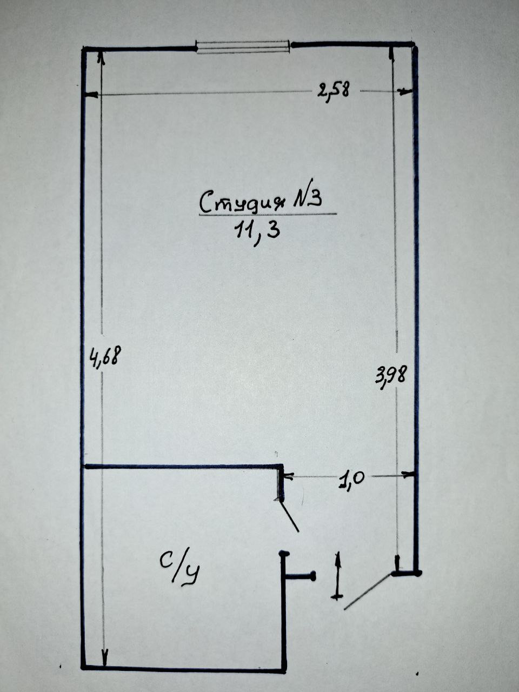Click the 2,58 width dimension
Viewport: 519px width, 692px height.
coord(334,90)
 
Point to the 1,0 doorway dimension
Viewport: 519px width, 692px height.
coord(352,480)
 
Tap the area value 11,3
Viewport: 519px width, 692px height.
coord(257,231)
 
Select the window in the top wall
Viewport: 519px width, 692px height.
coord(243,47)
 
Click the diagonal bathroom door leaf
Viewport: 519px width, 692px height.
coord(288,516)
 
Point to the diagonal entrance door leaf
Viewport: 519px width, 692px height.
coord(367,591)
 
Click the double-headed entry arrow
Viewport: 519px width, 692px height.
coord(338,575)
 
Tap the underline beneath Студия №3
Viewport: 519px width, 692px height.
coord(267,215)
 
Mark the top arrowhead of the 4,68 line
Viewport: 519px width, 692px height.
coord(101,56)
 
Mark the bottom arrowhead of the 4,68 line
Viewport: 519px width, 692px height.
coord(104,660)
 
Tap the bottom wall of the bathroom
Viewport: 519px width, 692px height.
coord(184,669)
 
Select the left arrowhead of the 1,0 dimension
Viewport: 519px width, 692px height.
coord(288,477)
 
